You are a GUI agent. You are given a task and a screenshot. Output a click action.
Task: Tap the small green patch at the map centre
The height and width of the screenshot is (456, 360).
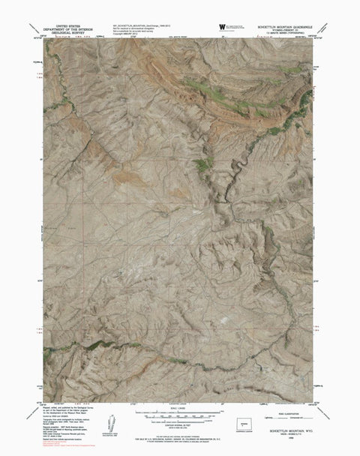200,164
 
